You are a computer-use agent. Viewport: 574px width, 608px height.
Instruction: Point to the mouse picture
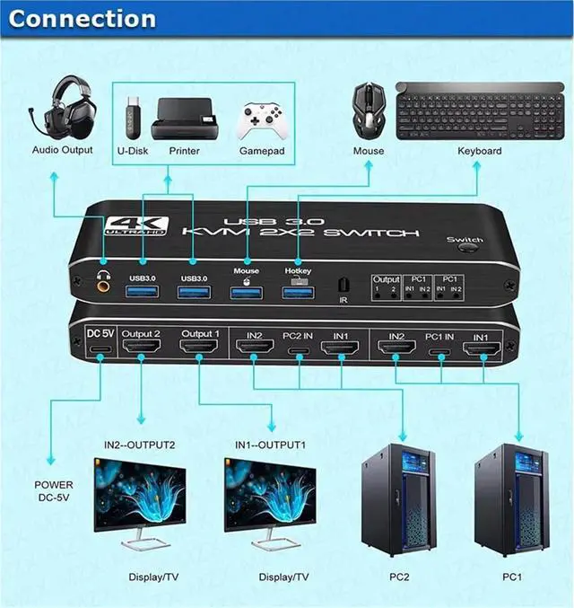(368, 108)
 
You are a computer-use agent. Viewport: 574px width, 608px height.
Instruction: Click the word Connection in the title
(82, 18)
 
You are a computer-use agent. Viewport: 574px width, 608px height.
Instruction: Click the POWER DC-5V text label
(54, 492)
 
